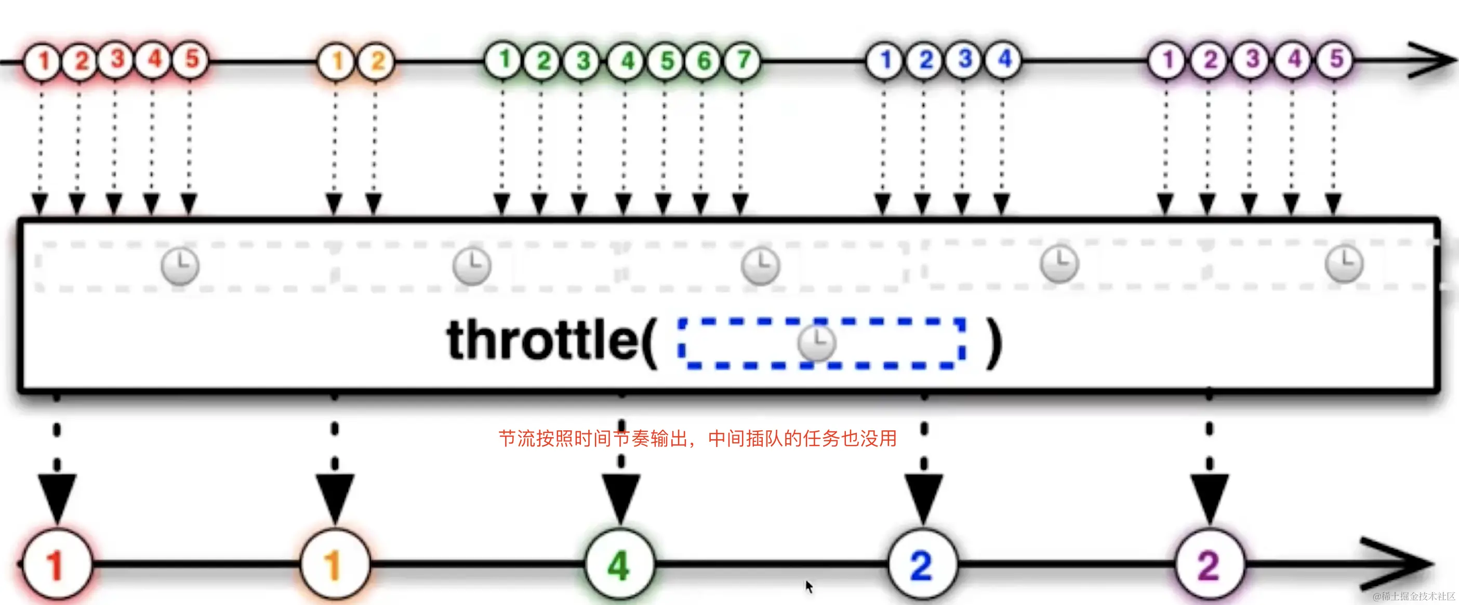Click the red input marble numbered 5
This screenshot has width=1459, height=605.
[x=191, y=59]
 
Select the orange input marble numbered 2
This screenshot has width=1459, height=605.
[x=377, y=61]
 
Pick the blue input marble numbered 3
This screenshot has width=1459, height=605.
[x=964, y=59]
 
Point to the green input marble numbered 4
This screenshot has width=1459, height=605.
[x=627, y=60]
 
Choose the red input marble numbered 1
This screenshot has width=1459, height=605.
[x=42, y=61]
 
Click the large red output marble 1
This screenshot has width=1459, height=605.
[x=56, y=564]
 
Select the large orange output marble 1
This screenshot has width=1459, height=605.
[x=335, y=564]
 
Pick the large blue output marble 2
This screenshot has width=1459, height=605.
[x=922, y=564]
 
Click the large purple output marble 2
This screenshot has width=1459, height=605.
[x=1209, y=564]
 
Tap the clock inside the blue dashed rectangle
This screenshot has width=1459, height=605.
[x=816, y=343]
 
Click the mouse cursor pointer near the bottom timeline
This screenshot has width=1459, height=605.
[x=809, y=586]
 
